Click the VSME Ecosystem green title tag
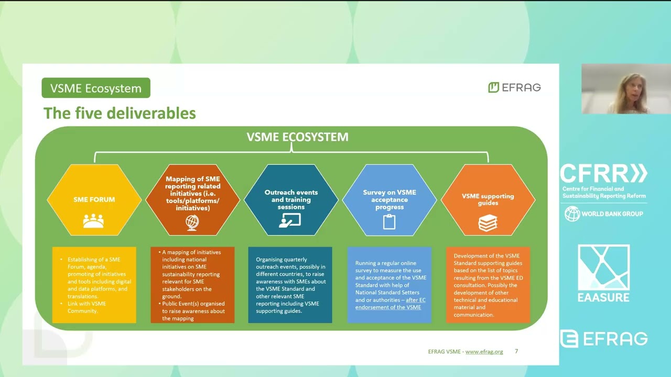[96, 88]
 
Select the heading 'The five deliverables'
[120, 113]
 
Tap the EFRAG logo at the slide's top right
[514, 87]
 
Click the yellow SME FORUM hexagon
[94, 199]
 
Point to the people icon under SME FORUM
[93, 221]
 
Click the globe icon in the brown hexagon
[192, 223]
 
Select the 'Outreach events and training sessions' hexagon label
[291, 199]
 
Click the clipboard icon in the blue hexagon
[389, 222]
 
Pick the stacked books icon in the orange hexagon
[488, 223]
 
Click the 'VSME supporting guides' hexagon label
[488, 199]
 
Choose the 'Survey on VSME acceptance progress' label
[389, 199]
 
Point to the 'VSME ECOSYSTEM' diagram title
[297, 137]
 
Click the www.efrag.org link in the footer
[484, 351]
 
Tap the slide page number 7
[516, 351]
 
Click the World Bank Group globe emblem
[572, 214]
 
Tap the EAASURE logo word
[603, 297]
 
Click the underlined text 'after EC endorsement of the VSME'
[388, 304]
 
